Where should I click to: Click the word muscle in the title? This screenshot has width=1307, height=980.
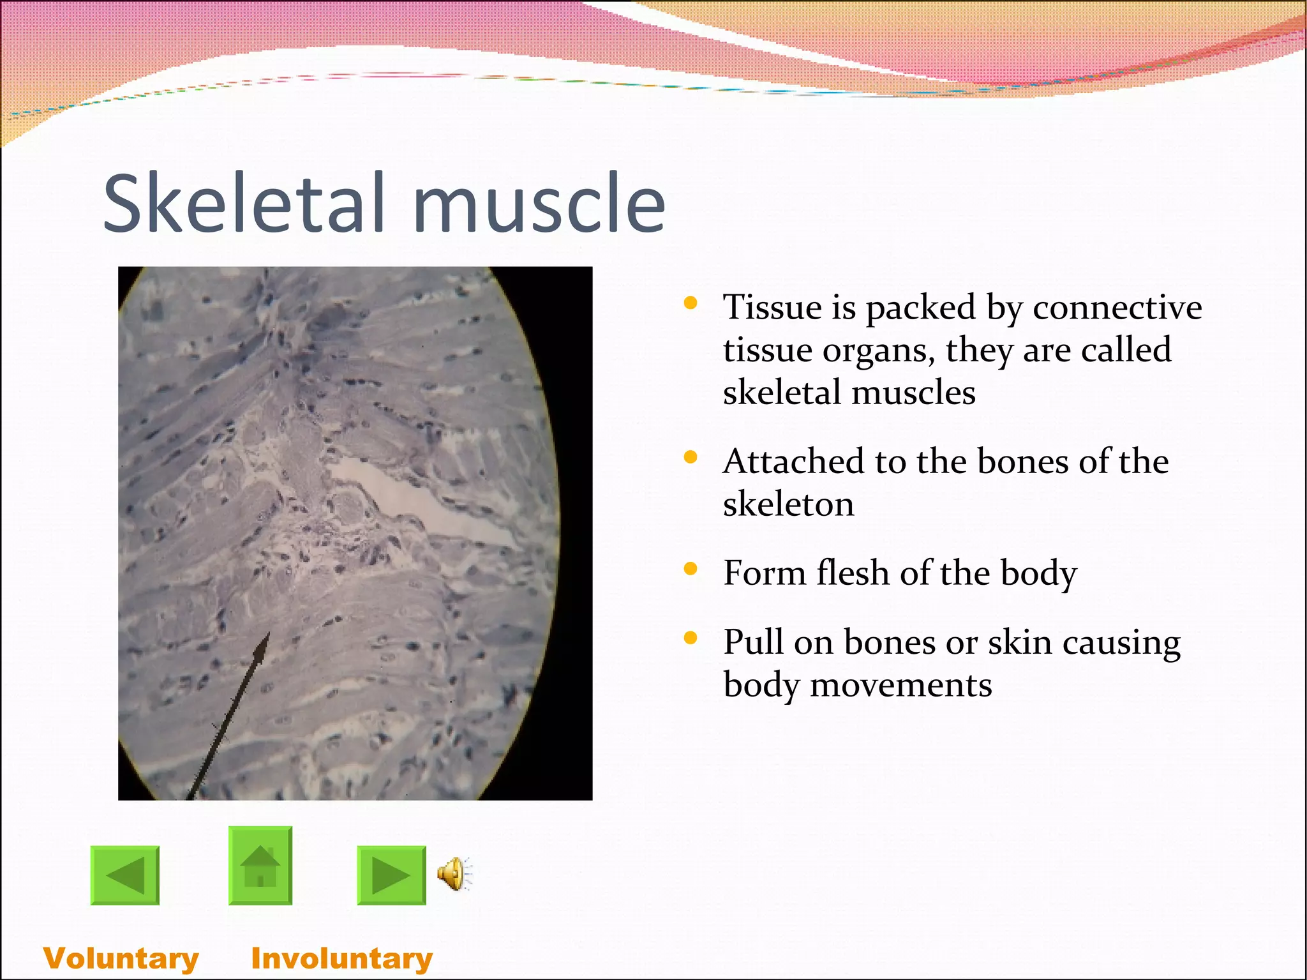(x=539, y=203)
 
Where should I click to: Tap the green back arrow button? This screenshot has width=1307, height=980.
(x=125, y=875)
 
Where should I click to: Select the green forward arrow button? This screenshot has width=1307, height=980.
(x=391, y=875)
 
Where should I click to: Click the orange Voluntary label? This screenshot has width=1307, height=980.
(x=121, y=958)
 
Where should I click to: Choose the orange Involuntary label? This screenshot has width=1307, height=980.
(x=342, y=958)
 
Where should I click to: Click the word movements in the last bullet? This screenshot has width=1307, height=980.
(x=900, y=685)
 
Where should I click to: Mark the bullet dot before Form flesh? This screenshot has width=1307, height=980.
(x=690, y=569)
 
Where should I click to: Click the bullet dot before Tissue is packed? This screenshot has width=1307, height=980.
(x=690, y=303)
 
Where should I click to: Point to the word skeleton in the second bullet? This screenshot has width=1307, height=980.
(x=788, y=504)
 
